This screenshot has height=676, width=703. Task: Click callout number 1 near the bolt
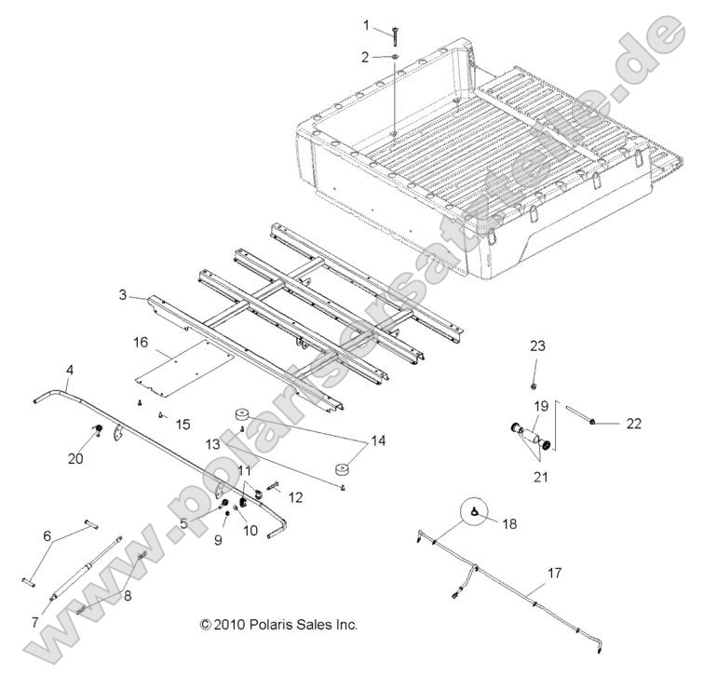click(366, 24)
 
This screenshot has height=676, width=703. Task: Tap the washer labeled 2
click(395, 58)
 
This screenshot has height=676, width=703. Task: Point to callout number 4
click(69, 371)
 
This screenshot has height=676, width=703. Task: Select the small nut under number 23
click(536, 385)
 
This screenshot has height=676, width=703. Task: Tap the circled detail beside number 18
click(475, 512)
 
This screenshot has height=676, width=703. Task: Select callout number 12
click(296, 498)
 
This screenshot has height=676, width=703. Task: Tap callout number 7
click(35, 622)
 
